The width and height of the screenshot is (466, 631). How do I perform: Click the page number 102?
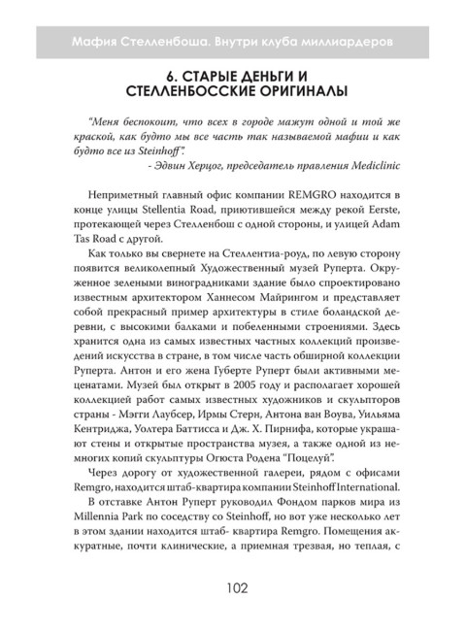233,587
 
